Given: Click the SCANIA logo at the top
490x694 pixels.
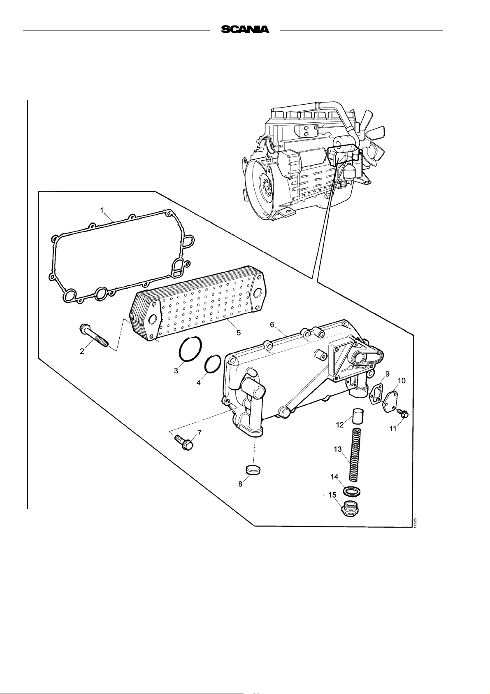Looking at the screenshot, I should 245,29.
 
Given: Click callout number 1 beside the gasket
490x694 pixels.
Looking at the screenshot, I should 102,210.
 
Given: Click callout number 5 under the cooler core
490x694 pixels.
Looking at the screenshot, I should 239,332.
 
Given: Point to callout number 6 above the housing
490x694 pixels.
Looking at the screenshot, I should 272,324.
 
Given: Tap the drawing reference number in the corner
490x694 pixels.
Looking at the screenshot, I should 416,523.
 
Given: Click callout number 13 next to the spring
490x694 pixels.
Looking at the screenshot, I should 337,449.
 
